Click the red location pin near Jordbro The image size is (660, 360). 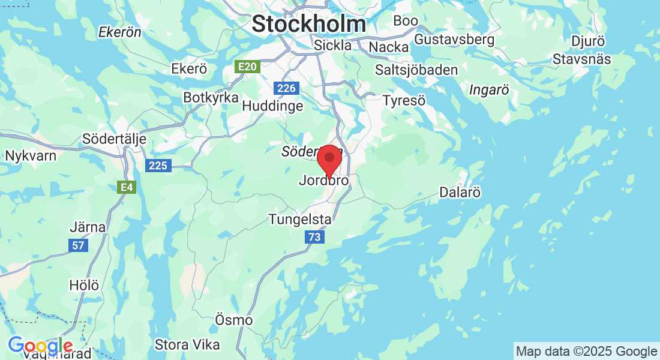pos(329,160)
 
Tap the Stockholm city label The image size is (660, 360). pos(308,24)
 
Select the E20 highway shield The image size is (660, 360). pos(248,67)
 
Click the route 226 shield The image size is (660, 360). pos(287,88)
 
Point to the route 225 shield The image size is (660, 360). pos(158,166)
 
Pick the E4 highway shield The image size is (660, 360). pos(126,188)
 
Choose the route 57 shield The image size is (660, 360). pos(77,245)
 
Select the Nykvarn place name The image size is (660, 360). pos(31,156)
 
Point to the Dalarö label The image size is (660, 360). pos(460,193)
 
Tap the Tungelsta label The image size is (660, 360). pos(300,219)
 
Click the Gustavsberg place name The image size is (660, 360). pos(455,40)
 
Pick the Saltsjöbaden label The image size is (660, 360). pos(416,70)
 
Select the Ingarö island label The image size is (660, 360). pos(489,90)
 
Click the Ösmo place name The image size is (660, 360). pos(233,320)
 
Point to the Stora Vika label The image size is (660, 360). pos(187,345)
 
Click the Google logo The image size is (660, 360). pos(41,346)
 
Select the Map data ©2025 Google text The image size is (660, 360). pos(587,352)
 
